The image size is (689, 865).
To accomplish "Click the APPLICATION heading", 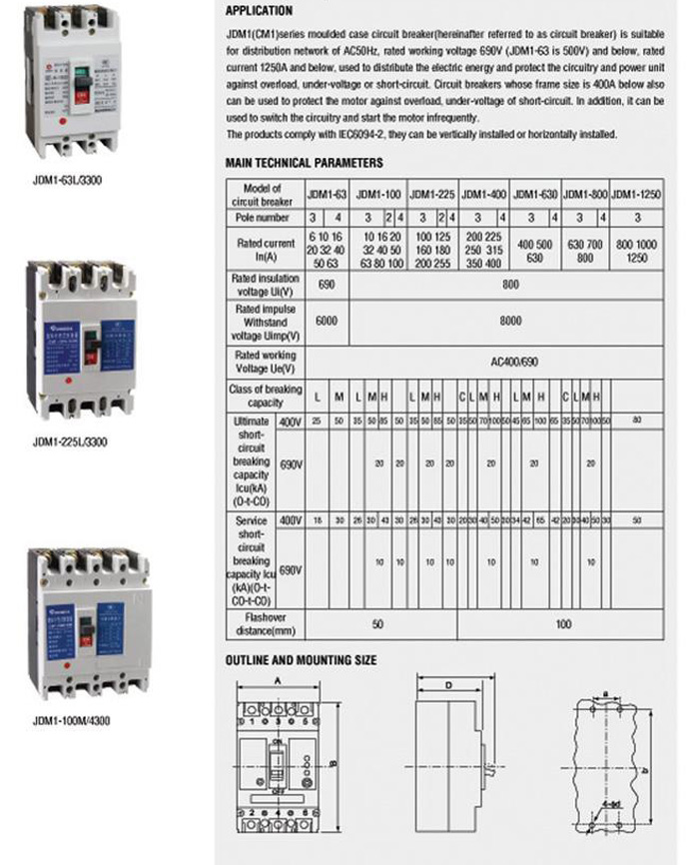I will pos(259,11).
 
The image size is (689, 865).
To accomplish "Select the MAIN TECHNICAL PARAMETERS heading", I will pos(304,163).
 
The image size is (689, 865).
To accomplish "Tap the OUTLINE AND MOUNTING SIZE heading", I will pos(301,660).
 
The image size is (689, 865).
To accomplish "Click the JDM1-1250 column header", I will pos(636,193).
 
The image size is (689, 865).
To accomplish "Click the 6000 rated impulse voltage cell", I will pos(326,323).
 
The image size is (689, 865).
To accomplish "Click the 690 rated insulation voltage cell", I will pos(326,285).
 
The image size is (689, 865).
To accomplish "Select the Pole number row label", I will pos(263,217).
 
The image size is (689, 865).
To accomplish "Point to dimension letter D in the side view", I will pos(449,685).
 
